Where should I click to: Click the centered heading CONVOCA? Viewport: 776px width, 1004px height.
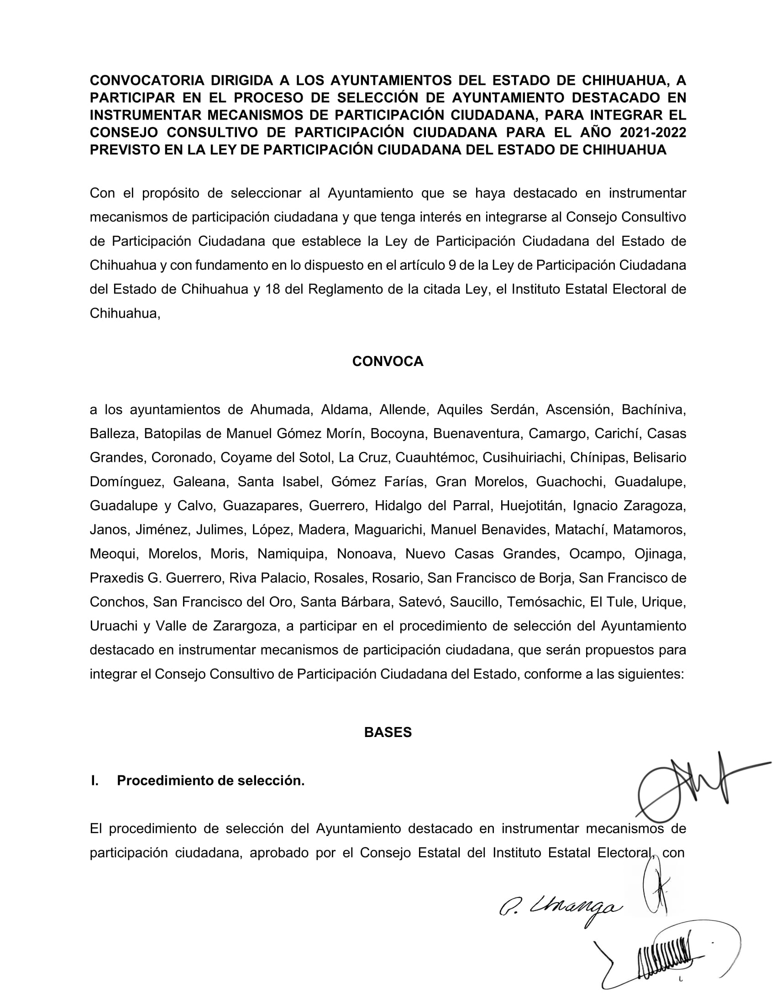pos(388,361)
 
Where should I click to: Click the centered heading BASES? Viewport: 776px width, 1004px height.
pos(388,732)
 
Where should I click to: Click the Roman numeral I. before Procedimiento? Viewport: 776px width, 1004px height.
pos(94,780)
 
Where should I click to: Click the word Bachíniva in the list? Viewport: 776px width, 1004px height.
pos(653,410)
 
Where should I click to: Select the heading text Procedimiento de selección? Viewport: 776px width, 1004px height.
pos(210,780)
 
